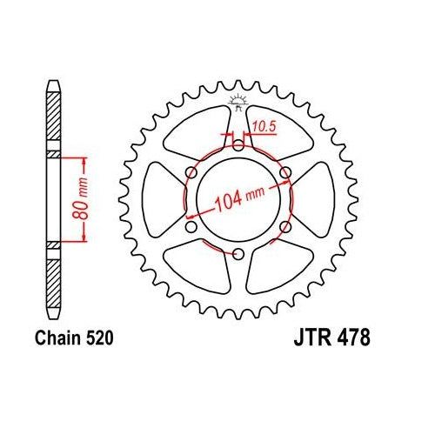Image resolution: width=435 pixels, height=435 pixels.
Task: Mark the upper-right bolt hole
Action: (x=285, y=173)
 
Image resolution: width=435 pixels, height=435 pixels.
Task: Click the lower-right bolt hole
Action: (x=285, y=227)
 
